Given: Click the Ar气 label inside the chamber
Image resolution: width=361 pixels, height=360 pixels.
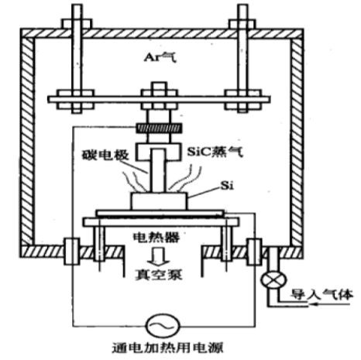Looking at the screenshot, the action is [160, 57].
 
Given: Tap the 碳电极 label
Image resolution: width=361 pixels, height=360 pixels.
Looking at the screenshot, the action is [105, 155].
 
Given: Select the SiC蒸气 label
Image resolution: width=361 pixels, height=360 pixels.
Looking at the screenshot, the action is [215, 152].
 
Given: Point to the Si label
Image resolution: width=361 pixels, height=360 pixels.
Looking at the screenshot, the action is [227, 185].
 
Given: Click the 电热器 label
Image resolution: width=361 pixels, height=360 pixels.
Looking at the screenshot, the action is [156, 237].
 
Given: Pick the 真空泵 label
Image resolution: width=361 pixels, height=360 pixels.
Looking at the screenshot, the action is [159, 275].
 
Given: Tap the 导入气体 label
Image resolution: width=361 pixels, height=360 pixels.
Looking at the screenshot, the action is [321, 294].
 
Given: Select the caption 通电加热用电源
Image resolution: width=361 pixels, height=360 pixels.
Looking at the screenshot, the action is [167, 348].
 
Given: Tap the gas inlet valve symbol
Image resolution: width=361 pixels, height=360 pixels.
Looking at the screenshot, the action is [273, 279].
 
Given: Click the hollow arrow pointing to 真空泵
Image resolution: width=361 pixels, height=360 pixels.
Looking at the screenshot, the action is [160, 256].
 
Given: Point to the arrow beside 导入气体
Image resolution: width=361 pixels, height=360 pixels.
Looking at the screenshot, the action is [331, 304].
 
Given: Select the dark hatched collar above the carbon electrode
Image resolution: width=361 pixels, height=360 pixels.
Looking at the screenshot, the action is [159, 129].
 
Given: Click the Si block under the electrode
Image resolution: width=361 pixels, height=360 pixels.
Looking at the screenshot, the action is [159, 201].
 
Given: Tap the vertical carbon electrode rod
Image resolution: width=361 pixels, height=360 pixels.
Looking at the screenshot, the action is [158, 170].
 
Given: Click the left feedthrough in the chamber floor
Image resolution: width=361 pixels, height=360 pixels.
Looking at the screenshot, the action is [71, 252].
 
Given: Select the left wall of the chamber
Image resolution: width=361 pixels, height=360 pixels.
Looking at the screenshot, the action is [27, 141].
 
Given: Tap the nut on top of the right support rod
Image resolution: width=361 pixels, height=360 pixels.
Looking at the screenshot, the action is [242, 24].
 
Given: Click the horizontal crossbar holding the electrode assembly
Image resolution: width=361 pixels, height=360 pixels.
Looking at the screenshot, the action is [159, 100].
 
